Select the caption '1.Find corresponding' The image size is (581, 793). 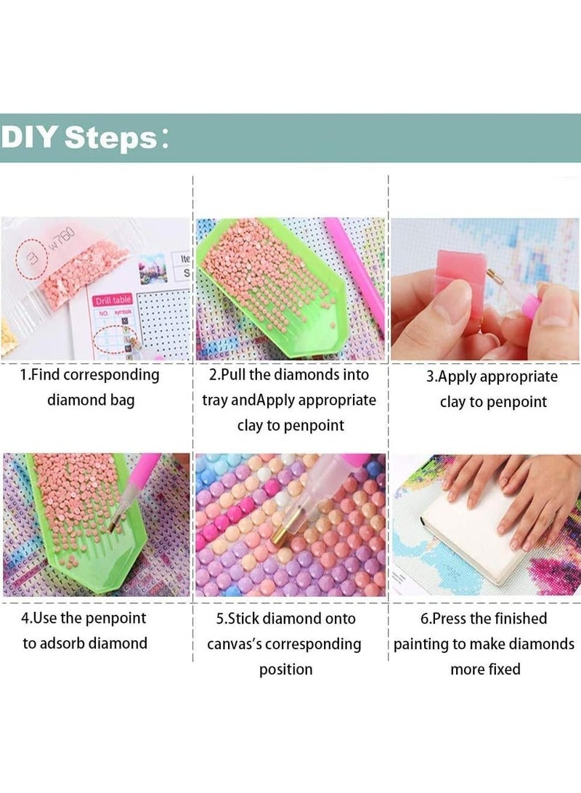pyautogui.click(x=90, y=375)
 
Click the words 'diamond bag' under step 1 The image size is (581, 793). pyautogui.click(x=91, y=400)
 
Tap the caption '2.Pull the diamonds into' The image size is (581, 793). pyautogui.click(x=289, y=375)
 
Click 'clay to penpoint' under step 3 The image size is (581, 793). pyautogui.click(x=493, y=402)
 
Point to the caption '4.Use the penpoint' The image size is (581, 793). pyautogui.click(x=84, y=619)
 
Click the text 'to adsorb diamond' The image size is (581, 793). pyautogui.click(x=85, y=643)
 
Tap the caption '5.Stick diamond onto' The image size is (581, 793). pyautogui.click(x=289, y=619)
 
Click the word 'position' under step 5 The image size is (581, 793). pyautogui.click(x=286, y=669)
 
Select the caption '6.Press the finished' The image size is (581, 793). pyautogui.click(x=484, y=619)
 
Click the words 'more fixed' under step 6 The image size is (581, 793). pyautogui.click(x=485, y=669)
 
